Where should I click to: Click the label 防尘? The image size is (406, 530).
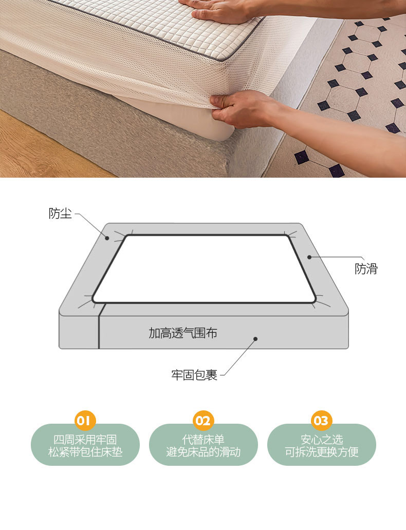click(60, 213)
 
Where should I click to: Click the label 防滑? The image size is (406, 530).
click(366, 269)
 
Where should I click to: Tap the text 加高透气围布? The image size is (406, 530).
click(183, 333)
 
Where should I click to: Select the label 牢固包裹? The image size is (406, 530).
click(194, 375)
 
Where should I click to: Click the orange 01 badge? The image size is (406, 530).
click(85, 421)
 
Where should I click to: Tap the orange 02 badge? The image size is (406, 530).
click(203, 421)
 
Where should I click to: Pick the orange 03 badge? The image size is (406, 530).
click(321, 421)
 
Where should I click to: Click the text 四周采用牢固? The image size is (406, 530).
click(85, 440)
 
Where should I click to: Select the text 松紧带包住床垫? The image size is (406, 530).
click(85, 452)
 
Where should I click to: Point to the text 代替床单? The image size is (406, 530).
click(204, 440)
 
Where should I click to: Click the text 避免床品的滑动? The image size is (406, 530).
click(204, 452)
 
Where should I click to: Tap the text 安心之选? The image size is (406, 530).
click(322, 440)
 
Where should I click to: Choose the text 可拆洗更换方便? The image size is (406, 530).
click(322, 452)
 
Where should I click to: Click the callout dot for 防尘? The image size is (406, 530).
click(107, 238)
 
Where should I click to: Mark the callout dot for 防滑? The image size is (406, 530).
click(309, 257)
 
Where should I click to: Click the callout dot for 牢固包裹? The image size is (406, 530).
click(255, 338)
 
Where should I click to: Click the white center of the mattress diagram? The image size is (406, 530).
click(204, 269)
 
